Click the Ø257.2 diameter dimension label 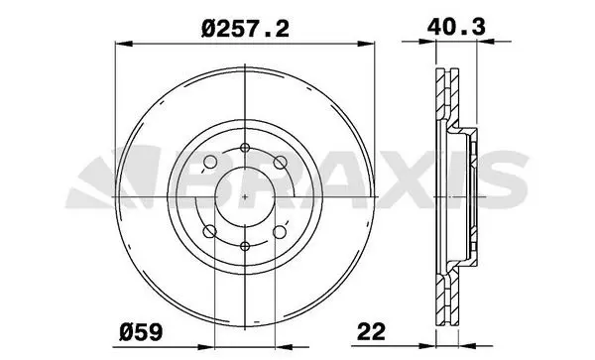(245, 29)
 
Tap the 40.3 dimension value (456, 27)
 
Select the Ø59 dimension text (141, 332)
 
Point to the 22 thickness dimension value (371, 331)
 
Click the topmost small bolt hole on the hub (245, 148)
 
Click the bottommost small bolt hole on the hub (245, 247)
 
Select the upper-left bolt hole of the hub (210, 162)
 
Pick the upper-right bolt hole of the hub (280, 163)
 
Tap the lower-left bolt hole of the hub (210, 231)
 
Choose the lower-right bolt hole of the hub (280, 231)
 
